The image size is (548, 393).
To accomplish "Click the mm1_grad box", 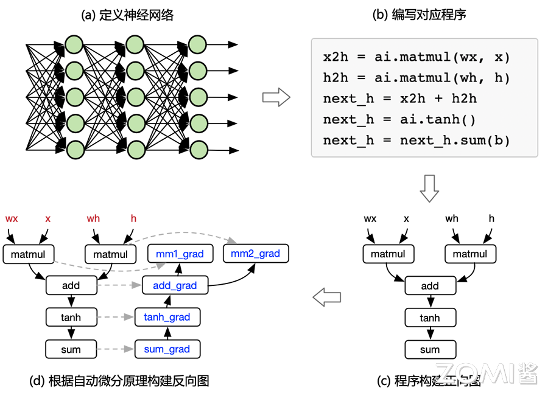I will click(x=180, y=254).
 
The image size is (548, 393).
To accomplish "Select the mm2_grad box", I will click(x=256, y=254).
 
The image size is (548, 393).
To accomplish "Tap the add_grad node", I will click(x=175, y=285).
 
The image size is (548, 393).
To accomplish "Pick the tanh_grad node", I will click(x=167, y=317).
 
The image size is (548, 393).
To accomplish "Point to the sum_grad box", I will click(x=167, y=349).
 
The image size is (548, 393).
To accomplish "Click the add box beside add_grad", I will click(x=71, y=285).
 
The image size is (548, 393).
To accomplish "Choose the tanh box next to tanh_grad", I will click(x=71, y=317).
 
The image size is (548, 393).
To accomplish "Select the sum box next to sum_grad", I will click(x=71, y=349).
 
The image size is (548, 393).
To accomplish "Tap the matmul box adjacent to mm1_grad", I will click(x=110, y=254).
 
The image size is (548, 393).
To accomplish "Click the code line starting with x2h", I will click(x=416, y=57).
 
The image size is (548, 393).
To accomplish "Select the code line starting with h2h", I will click(x=416, y=78).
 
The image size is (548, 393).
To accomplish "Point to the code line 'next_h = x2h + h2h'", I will click(x=401, y=99).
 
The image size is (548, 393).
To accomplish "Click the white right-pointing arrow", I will click(x=276, y=97).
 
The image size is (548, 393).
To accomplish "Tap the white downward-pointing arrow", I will click(x=430, y=188).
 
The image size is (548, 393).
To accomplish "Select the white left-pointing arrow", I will click(x=327, y=297).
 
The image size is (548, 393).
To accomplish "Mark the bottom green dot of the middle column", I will click(x=135, y=150).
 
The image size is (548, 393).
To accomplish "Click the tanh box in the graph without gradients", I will click(x=430, y=318).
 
